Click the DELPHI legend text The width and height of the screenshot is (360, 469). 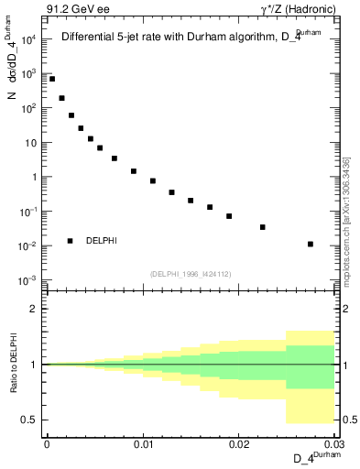[x=102, y=241]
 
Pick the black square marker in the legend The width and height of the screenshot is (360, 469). [x=71, y=241]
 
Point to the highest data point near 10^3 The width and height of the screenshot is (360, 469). [x=52, y=79]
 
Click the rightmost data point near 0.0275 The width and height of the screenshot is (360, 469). [x=311, y=244]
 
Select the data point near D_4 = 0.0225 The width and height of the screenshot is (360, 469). [x=263, y=227]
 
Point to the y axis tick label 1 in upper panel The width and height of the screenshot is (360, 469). [x=33, y=177]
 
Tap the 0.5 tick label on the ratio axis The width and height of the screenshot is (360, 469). [x=30, y=420]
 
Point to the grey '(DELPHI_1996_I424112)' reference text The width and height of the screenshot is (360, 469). [x=190, y=273]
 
